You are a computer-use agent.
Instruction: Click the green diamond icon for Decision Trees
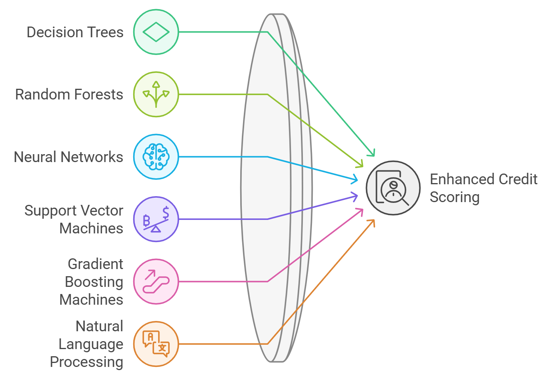pyautogui.click(x=156, y=32)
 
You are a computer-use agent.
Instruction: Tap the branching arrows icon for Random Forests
pyautogui.click(x=156, y=94)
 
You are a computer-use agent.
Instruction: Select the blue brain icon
pyautogui.click(x=156, y=157)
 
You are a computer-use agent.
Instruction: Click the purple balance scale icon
pyautogui.click(x=156, y=219)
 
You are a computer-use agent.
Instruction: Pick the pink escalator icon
pyautogui.click(x=156, y=281)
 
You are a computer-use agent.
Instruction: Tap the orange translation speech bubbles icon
pyautogui.click(x=156, y=344)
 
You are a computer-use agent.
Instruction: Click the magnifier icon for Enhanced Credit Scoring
pyautogui.click(x=392, y=188)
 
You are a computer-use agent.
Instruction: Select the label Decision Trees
pyautogui.click(x=75, y=32)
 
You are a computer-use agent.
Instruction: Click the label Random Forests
pyautogui.click(x=69, y=94)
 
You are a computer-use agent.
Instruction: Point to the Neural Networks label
pyautogui.click(x=68, y=157)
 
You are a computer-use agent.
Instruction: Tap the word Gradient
pyautogui.click(x=95, y=264)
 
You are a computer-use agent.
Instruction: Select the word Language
pyautogui.click(x=91, y=344)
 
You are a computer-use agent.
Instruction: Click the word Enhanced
pyautogui.click(x=455, y=179)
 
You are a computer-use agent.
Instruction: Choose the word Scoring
pyautogui.click(x=454, y=197)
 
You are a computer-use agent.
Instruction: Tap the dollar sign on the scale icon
pyautogui.click(x=166, y=212)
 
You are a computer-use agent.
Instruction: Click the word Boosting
pyautogui.click(x=94, y=282)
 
